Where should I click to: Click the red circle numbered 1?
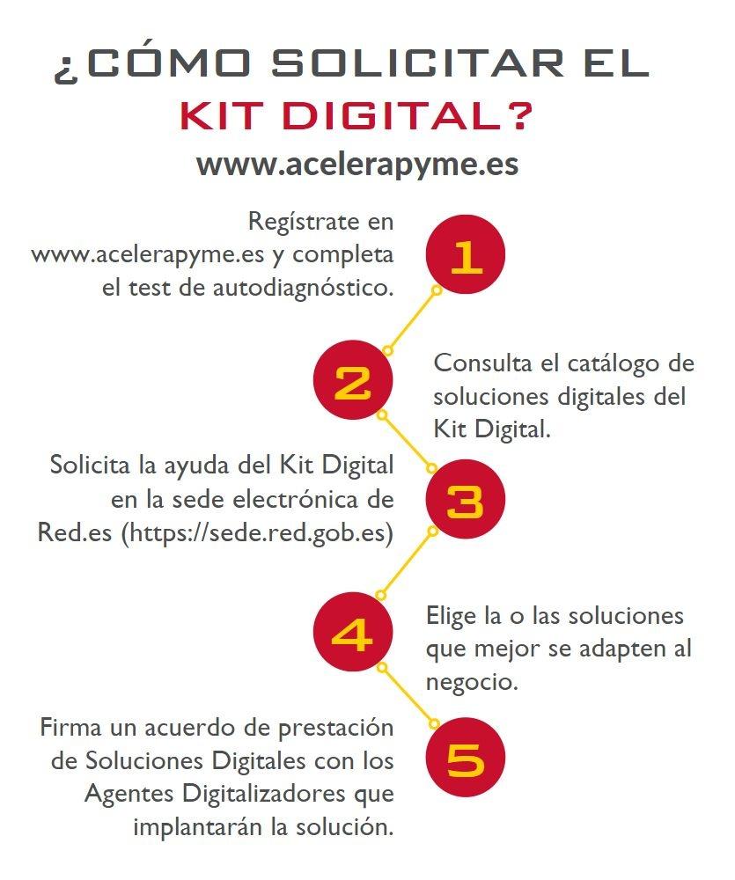[466, 255]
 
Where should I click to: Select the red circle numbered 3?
[466, 501]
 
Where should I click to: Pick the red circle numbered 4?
[353, 634]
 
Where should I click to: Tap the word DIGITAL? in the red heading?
[413, 115]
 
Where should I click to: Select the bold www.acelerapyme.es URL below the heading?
[356, 165]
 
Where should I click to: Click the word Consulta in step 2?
[482, 363]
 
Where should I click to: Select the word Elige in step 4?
[451, 615]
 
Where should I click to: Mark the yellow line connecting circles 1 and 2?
[412, 319]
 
